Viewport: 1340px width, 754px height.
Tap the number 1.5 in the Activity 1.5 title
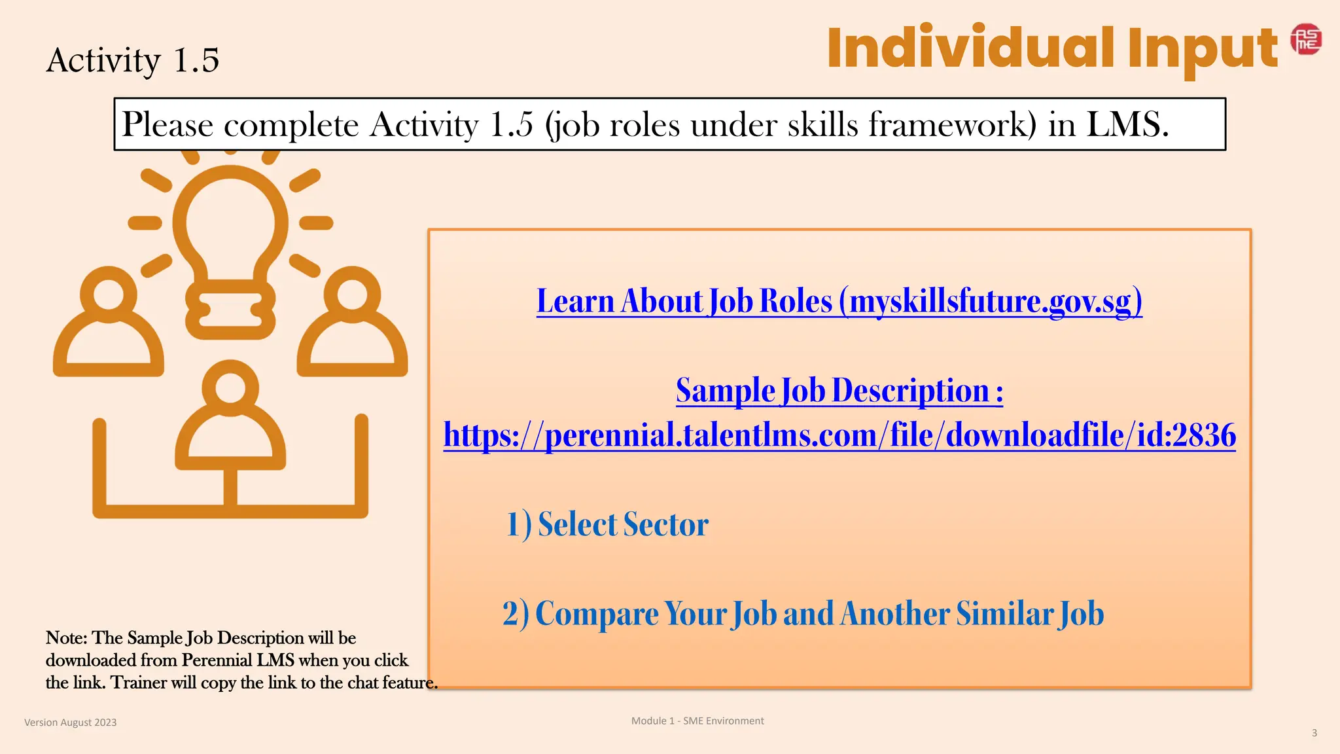click(x=196, y=60)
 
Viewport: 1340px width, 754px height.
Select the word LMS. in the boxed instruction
click(x=1127, y=124)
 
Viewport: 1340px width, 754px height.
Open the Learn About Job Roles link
click(x=839, y=302)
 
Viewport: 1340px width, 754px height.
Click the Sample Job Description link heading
click(x=839, y=391)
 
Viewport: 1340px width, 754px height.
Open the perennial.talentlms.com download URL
click(x=839, y=435)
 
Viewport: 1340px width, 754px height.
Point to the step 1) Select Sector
click(x=607, y=525)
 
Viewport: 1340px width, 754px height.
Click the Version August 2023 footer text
click(x=71, y=723)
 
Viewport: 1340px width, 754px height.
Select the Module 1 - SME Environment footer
click(x=697, y=721)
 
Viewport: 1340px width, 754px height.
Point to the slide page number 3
click(x=1314, y=733)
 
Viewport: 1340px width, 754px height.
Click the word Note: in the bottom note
click(x=66, y=638)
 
